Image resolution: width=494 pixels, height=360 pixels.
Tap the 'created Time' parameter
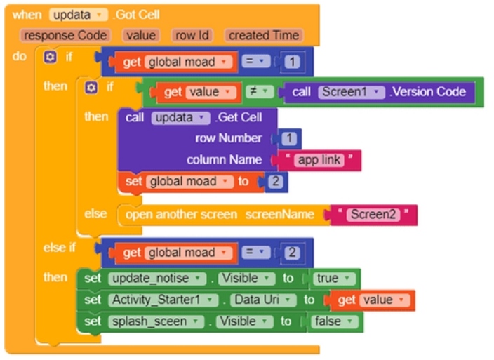click(x=264, y=35)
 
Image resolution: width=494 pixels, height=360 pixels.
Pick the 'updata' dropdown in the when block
click(x=78, y=14)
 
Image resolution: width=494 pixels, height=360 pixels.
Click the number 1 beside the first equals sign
click(x=293, y=62)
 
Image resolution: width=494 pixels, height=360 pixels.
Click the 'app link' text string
click(x=319, y=160)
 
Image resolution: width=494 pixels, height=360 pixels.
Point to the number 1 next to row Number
click(x=290, y=138)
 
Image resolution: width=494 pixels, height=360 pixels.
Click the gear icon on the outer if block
click(x=50, y=57)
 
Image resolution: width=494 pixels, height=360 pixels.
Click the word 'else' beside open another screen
click(x=95, y=213)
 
